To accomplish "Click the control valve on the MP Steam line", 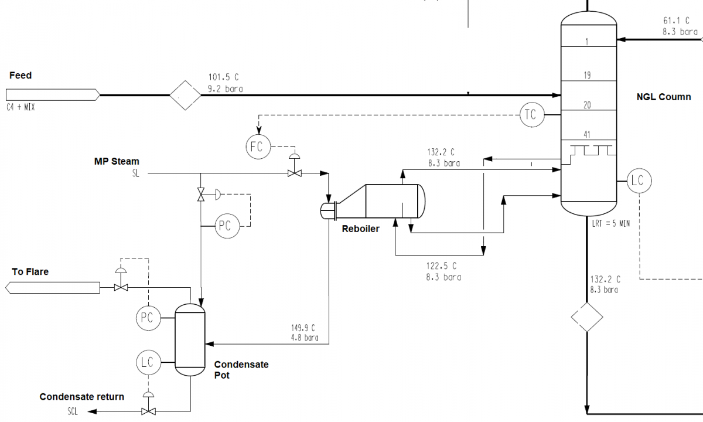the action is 294,173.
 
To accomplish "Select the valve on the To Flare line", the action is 121,287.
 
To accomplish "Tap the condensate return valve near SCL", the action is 148,411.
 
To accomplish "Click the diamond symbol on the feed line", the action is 185,95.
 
